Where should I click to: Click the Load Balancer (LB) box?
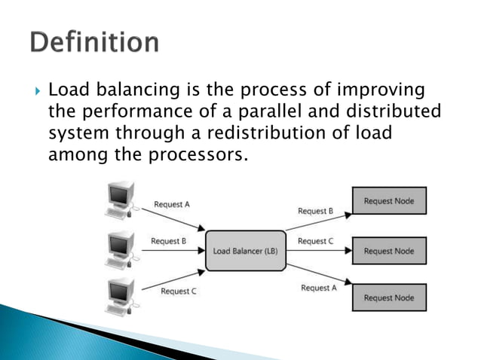pos(245,251)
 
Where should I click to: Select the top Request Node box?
pos(388,201)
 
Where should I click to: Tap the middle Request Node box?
pos(388,250)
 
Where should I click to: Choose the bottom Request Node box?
pos(388,297)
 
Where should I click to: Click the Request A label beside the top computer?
pos(172,203)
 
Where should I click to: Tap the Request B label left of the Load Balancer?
pos(169,241)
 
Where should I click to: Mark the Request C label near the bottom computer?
pos(179,291)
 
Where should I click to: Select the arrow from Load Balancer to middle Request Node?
pos(318,251)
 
